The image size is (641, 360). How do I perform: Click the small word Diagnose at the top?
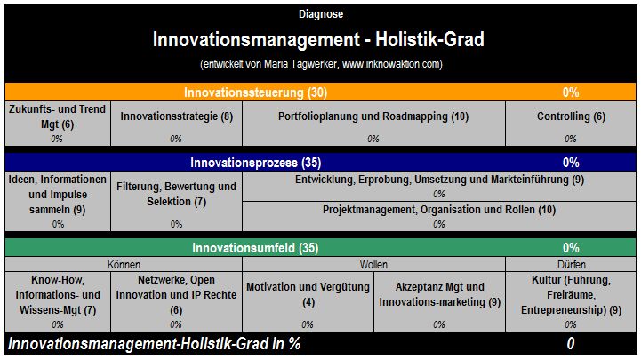coord(321,14)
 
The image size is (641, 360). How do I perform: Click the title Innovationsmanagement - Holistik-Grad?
coord(318,39)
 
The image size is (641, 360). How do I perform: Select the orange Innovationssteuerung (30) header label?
coord(255,92)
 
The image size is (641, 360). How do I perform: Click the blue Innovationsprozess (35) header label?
coord(255,163)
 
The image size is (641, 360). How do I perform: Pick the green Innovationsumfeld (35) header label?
coord(255,248)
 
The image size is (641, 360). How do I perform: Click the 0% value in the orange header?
coord(571,92)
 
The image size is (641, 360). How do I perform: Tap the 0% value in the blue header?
coord(571,163)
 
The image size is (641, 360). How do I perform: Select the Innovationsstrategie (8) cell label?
coord(177,116)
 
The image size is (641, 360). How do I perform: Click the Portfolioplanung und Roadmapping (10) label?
coord(373,116)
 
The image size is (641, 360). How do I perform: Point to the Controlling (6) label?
coord(571,116)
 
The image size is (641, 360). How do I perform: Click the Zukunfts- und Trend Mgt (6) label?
coord(57,116)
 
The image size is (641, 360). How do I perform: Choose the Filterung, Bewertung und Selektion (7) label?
coord(176,194)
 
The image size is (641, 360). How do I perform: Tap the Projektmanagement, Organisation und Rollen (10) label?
coord(439,210)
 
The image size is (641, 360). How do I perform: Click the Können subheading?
coord(124,265)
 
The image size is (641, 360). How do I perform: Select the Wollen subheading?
coord(373,265)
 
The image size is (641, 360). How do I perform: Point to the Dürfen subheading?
coord(571,265)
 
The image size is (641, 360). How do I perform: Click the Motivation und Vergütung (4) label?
coord(308,294)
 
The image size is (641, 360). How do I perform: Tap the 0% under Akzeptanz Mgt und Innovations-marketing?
coord(439,324)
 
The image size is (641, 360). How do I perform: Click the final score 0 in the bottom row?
coord(571,344)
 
